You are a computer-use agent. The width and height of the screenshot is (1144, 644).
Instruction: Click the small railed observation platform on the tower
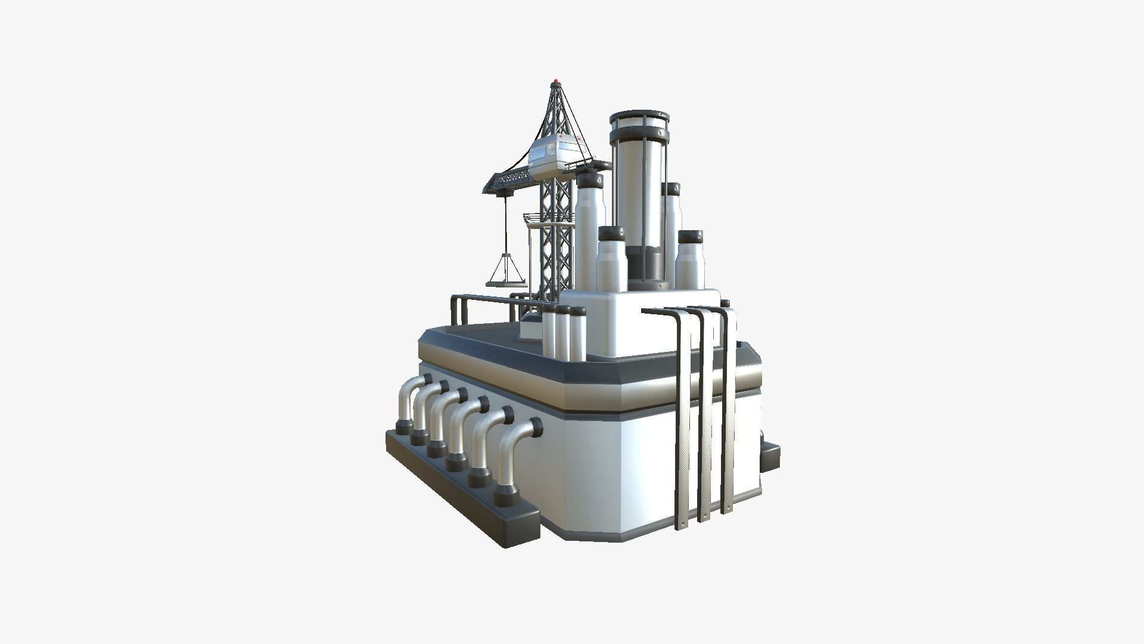click(x=536, y=218)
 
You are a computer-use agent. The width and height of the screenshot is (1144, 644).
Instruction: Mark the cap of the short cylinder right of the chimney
click(x=690, y=237)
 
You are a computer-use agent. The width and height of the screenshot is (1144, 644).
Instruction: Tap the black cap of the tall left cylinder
click(x=590, y=180)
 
